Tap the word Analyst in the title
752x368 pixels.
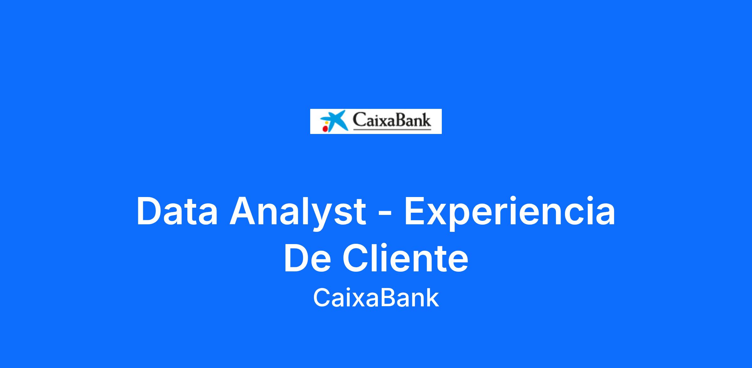coord(298,213)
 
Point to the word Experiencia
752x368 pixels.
coord(510,213)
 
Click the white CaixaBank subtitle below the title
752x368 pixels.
coord(376,298)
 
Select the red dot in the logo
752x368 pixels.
coord(325,128)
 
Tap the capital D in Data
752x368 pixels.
coord(149,211)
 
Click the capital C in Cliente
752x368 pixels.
coord(356,257)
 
